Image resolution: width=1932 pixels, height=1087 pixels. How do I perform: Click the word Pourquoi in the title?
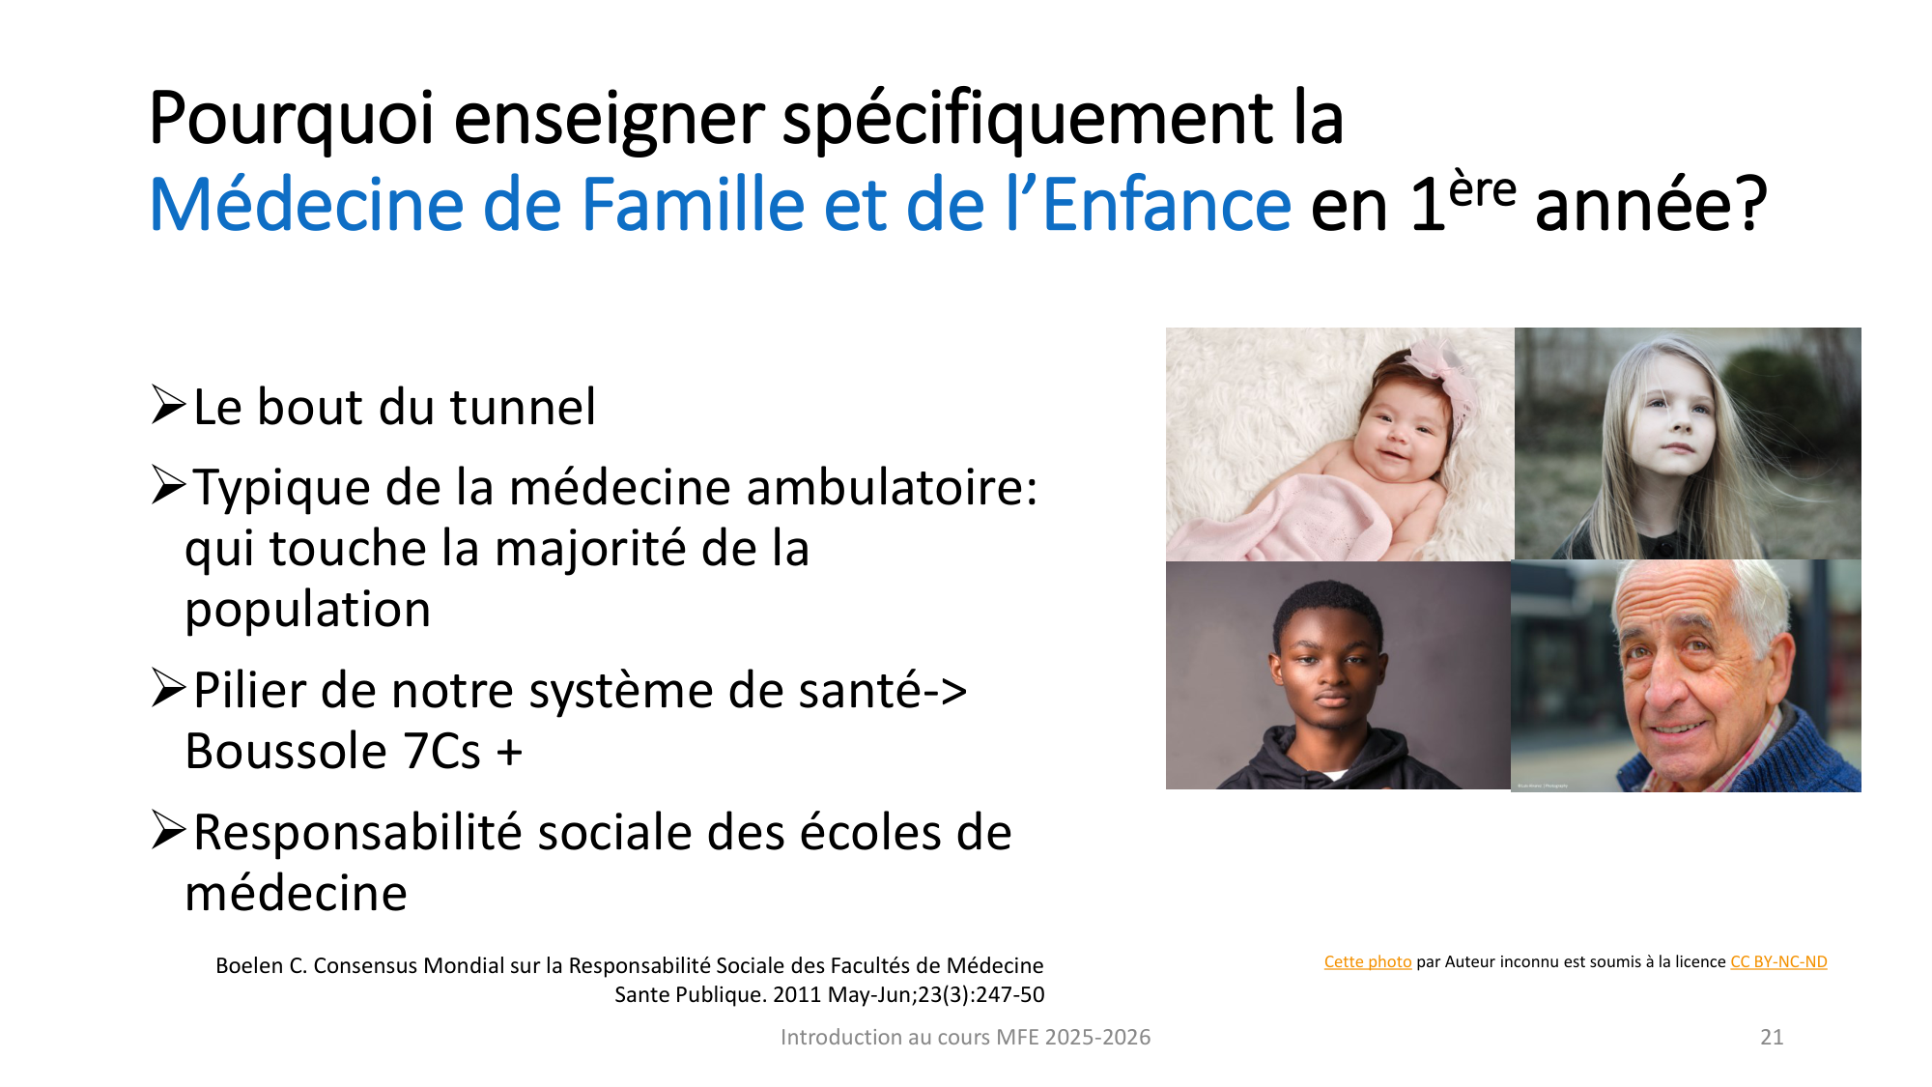pyautogui.click(x=291, y=120)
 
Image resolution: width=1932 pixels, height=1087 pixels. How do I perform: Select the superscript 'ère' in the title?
pyautogui.click(x=1482, y=188)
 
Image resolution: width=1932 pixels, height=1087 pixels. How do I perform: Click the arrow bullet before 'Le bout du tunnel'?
pyautogui.click(x=168, y=405)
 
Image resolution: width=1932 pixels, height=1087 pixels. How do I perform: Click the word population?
pyautogui.click(x=307, y=610)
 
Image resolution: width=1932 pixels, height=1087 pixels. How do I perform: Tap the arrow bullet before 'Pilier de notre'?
pyautogui.click(x=168, y=689)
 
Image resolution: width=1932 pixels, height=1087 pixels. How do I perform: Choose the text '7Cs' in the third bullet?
pyautogui.click(x=441, y=752)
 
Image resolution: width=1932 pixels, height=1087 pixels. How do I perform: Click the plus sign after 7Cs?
pyautogui.click(x=509, y=753)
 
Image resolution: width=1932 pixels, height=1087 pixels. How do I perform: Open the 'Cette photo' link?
pyautogui.click(x=1367, y=962)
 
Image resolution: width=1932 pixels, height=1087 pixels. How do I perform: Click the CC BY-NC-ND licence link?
pyautogui.click(x=1778, y=962)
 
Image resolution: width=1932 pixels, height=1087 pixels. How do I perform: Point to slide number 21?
pyautogui.click(x=1772, y=1038)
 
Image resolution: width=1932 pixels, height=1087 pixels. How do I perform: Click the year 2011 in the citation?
pyautogui.click(x=797, y=995)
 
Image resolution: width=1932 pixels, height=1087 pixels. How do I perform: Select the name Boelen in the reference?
pyautogui.click(x=247, y=966)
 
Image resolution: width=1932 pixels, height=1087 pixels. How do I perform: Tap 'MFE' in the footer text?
pyautogui.click(x=1017, y=1038)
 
